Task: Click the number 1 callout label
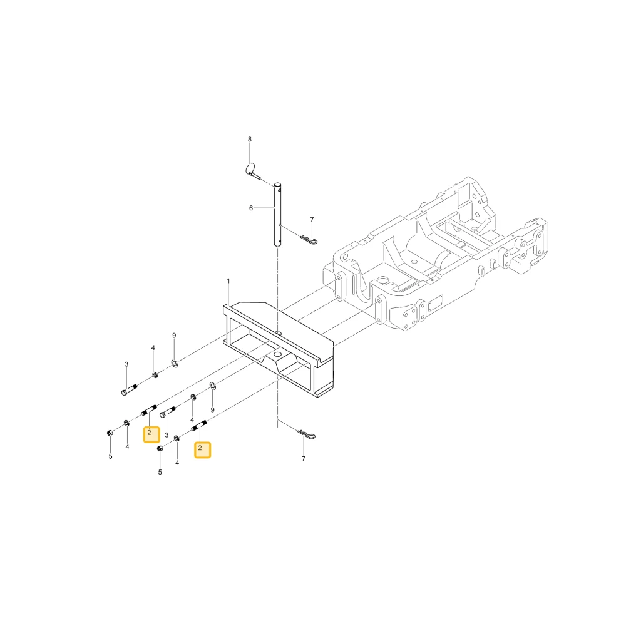click(228, 281)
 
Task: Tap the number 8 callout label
click(250, 140)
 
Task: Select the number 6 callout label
click(251, 208)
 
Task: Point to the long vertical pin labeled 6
click(277, 215)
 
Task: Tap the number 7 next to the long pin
click(312, 220)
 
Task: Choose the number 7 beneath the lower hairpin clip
click(304, 459)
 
